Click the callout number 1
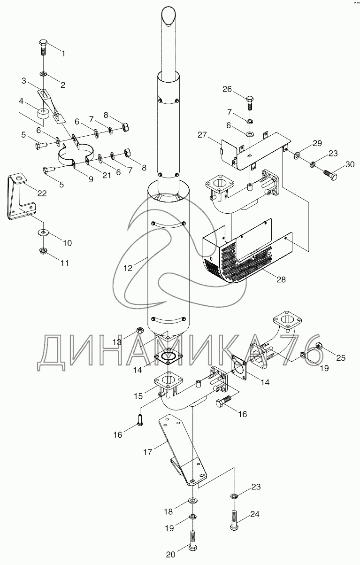(63, 54)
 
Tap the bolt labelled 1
(44, 48)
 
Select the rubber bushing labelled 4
(43, 114)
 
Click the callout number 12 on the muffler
(128, 268)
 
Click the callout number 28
(281, 279)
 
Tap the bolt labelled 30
(330, 175)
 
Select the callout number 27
(202, 135)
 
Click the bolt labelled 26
(249, 103)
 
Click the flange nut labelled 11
(43, 251)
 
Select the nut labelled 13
(140, 330)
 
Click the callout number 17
(148, 452)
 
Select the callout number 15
(138, 396)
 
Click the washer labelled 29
(297, 155)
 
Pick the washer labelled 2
(43, 74)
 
